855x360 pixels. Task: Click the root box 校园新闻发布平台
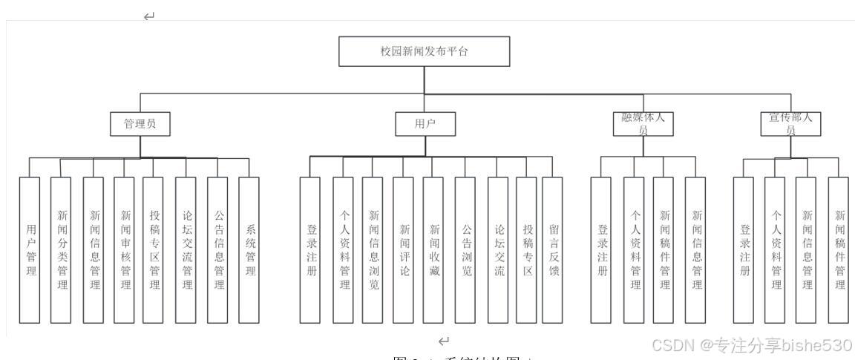[425, 52]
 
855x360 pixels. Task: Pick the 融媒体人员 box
[643, 125]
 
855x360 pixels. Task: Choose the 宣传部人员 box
[790, 125]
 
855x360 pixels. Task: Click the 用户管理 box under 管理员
[30, 250]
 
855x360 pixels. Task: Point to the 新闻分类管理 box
[61, 250]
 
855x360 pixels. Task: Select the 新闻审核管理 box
[125, 250]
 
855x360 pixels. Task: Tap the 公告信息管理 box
[217, 250]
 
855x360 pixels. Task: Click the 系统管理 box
[249, 250]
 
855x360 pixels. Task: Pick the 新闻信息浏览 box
[373, 250]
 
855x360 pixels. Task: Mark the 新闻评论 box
[403, 250]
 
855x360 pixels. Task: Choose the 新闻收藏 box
[433, 250]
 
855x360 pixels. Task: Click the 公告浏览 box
[465, 250]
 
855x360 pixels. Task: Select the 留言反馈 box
[552, 250]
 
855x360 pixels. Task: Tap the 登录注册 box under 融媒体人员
[602, 250]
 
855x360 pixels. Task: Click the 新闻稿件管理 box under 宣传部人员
[838, 250]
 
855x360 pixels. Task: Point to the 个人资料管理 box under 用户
[343, 250]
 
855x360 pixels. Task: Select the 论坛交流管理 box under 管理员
[186, 250]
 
